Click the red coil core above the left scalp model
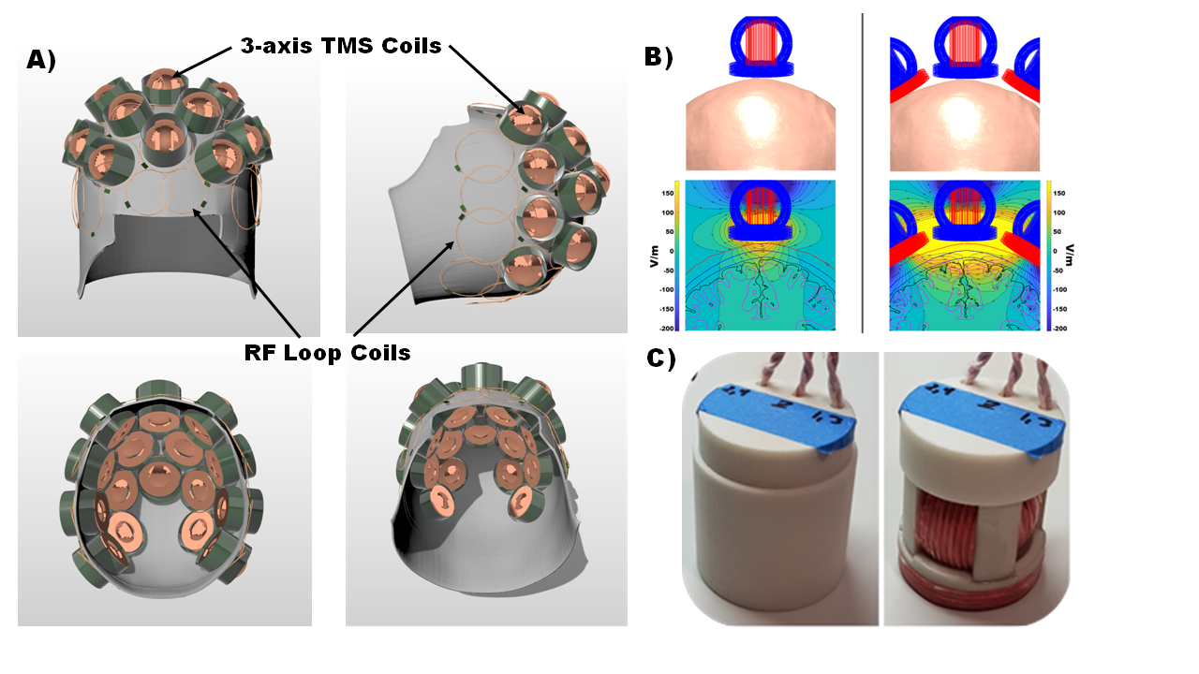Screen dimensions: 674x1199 coord(761,41)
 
